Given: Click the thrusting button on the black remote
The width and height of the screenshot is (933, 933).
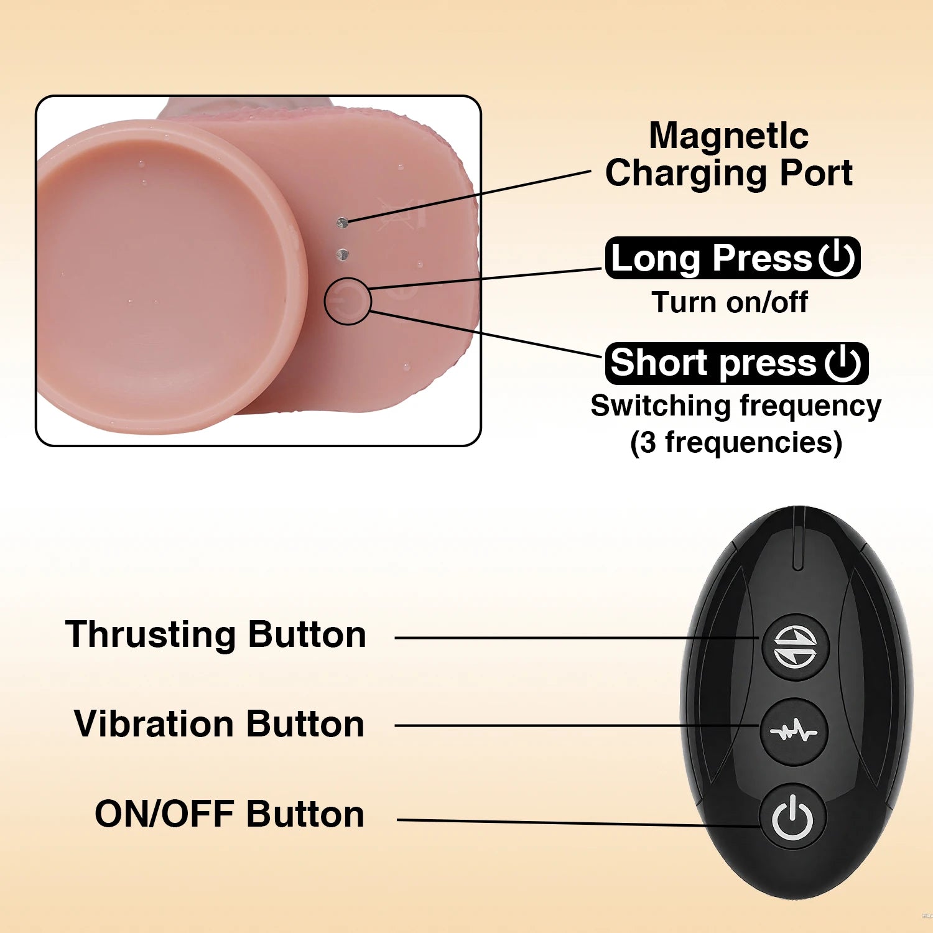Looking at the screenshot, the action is coord(796,646).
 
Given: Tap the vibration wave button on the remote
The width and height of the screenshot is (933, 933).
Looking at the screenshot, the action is coord(794,732).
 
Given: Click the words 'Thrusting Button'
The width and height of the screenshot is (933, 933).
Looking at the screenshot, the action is coord(216,634).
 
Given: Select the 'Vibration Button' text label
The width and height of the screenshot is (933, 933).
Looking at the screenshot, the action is coord(219,724).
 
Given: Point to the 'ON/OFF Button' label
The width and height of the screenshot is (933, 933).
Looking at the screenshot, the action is coord(230,814).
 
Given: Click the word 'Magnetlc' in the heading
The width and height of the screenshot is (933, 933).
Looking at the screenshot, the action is coord(729,135).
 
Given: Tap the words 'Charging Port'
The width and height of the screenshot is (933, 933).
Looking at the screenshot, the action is coord(729,173).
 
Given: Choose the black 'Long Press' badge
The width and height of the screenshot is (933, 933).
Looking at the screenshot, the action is coord(733,258).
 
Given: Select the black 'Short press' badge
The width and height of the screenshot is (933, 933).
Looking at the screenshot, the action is coord(736,363).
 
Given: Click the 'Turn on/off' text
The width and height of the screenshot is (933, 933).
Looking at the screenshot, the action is coord(730,303).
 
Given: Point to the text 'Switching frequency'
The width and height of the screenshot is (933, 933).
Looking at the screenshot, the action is coord(736,407).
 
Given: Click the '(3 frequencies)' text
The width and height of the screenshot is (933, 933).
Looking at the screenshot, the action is coord(736,443).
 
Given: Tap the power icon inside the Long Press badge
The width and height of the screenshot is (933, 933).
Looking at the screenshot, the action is coord(837,258).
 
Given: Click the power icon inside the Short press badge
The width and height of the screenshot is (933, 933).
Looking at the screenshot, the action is coord(843,363).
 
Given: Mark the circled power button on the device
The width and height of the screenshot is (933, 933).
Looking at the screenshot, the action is coord(348,301).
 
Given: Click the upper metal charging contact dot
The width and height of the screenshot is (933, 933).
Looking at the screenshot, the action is coord(341,222).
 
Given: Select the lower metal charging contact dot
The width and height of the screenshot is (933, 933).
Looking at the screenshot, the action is coord(342,254).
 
